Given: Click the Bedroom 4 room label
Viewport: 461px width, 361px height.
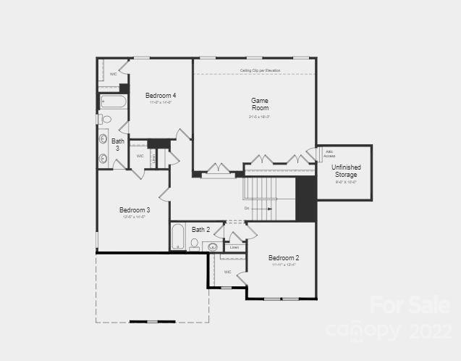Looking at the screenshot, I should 160,95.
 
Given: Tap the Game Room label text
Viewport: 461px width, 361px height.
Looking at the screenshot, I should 260,104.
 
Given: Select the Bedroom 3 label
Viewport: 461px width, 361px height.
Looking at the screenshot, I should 135,209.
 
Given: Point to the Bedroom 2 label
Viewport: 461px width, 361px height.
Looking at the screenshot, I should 284,257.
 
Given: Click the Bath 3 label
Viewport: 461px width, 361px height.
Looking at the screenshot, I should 117,145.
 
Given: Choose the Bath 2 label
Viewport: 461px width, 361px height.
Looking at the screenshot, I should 200,230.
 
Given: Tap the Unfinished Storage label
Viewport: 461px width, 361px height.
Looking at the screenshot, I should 346,171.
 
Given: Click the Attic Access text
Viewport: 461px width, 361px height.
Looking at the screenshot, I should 329,154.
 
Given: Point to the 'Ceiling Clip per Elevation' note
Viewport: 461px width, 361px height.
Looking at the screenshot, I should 260,70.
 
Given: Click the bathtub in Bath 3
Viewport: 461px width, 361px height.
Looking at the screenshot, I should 113,101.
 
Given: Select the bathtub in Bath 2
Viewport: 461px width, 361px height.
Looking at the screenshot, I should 178,236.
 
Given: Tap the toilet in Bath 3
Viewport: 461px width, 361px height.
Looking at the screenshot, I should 106,119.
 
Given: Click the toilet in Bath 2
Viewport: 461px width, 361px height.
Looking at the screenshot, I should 194,244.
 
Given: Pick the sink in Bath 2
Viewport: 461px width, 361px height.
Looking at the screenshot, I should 213,246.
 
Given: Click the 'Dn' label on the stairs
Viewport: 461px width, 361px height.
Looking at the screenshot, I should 247,208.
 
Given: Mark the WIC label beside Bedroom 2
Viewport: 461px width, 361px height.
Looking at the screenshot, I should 227,272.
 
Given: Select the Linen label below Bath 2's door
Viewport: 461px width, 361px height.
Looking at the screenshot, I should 233,248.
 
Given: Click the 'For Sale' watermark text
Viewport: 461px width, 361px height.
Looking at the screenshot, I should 399,305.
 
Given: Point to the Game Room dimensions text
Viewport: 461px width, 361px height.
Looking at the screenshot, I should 260,117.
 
